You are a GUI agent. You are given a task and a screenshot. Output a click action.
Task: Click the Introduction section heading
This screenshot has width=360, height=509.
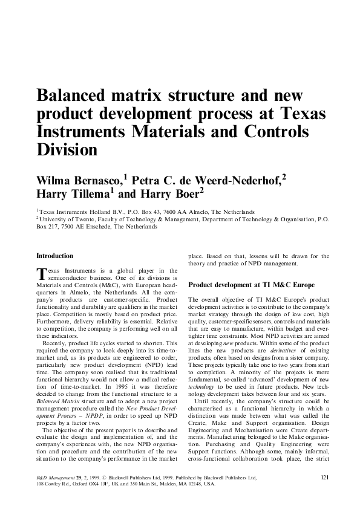pyautogui.click(x=55, y=256)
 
